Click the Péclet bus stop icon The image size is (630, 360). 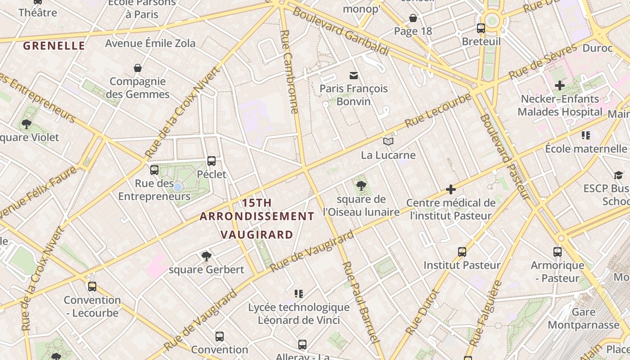click(x=211, y=161)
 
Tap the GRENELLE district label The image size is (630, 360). click(x=54, y=45)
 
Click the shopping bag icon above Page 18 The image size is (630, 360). click(x=413, y=18)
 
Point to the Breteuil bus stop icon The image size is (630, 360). click(x=481, y=28)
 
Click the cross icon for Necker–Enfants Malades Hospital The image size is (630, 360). click(x=560, y=85)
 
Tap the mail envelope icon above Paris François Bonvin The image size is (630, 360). click(x=354, y=75)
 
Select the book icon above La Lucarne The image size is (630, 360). click(x=388, y=142)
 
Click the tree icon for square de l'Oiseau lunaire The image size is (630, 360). click(x=361, y=185)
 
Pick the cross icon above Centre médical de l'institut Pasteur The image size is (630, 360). click(x=450, y=189)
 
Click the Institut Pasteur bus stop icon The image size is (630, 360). click(x=462, y=252)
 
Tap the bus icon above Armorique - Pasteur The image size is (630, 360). click(x=558, y=252)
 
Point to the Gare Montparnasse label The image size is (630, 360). click(x=584, y=319)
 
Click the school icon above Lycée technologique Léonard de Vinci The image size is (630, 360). click(x=299, y=294)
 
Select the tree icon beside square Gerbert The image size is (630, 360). click(x=207, y=256)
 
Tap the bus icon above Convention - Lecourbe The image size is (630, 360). click(x=92, y=286)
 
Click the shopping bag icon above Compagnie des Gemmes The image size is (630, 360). click(x=138, y=68)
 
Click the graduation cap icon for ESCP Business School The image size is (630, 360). click(x=618, y=175)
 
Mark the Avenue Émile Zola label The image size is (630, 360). click(x=150, y=43)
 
